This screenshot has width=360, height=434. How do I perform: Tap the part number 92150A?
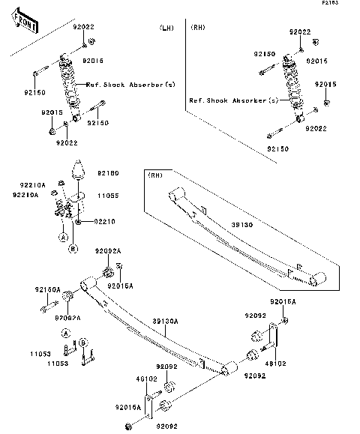pyautogui.click(x=46, y=288)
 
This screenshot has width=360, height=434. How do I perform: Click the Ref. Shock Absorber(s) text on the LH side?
pyautogui.click(x=134, y=85)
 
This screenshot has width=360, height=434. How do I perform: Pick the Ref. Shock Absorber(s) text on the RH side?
pyautogui.click(x=233, y=100)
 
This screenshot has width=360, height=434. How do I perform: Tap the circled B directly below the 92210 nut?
pyautogui.click(x=73, y=247)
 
